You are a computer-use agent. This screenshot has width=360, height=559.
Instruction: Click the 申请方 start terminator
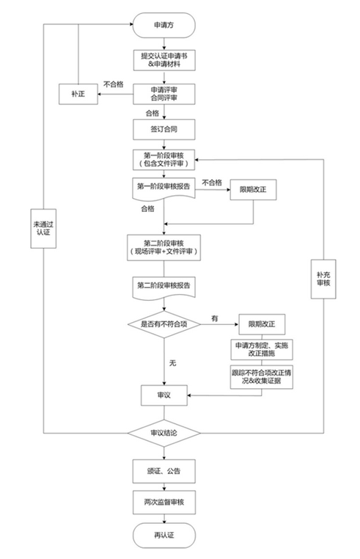[164, 25]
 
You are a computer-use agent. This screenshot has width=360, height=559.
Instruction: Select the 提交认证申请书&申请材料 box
[164, 60]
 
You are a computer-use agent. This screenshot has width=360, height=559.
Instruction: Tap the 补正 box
[78, 94]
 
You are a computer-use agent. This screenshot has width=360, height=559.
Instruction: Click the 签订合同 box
[164, 129]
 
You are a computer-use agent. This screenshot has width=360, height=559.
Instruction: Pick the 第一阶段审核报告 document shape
[164, 188]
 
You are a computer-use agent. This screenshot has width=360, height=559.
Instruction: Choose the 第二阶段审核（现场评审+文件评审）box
[164, 247]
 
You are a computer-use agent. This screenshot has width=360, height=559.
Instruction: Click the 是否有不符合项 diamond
[164, 324]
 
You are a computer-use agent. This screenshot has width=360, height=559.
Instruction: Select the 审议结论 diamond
[164, 433]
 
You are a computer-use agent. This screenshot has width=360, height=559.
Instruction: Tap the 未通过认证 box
[43, 229]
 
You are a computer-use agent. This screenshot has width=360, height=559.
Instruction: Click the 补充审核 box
[323, 279]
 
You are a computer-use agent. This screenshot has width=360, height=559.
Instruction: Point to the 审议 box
[164, 395]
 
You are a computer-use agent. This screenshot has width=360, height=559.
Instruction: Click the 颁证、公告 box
[164, 471]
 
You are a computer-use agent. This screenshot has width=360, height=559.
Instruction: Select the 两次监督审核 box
[164, 502]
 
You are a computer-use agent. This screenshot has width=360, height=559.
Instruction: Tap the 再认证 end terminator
[164, 535]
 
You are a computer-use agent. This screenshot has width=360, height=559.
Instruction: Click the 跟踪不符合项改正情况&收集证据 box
[262, 376]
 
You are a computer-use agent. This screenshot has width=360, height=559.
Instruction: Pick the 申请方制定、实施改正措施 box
[262, 349]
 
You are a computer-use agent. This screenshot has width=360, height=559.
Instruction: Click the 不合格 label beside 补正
[114, 84]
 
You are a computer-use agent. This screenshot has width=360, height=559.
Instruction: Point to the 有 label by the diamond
[214, 318]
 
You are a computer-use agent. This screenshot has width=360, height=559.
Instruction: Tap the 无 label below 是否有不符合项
[172, 363]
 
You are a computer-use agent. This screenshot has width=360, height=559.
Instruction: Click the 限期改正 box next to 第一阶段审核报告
[253, 189]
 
